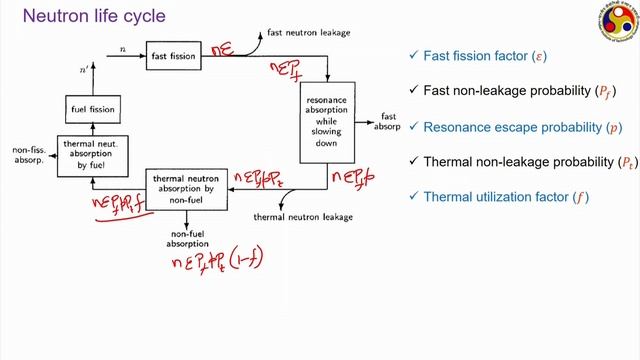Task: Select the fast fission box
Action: pyautogui.click(x=173, y=51)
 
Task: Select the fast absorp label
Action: pyautogui.click(x=389, y=122)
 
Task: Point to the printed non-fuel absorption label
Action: pyautogui.click(x=189, y=237)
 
